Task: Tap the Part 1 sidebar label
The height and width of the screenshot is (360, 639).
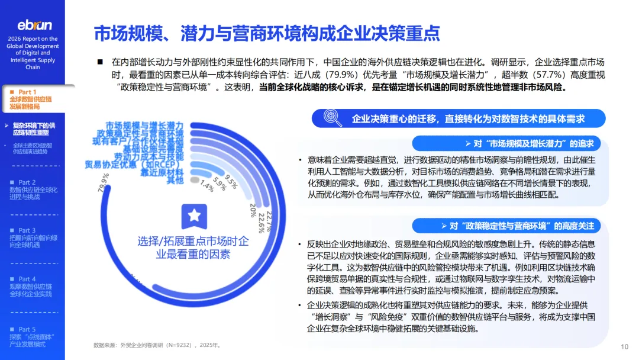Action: click(27, 92)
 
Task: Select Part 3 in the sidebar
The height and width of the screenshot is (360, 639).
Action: click(27, 230)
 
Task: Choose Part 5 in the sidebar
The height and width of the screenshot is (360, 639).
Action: click(27, 329)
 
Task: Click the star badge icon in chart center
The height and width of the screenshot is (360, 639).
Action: click(194, 216)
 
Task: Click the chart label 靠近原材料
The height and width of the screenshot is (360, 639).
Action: click(162, 172)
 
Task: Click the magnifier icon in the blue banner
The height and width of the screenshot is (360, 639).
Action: click(333, 118)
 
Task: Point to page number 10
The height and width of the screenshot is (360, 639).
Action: click(625, 347)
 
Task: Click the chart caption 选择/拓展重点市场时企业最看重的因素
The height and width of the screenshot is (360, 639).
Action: click(193, 247)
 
